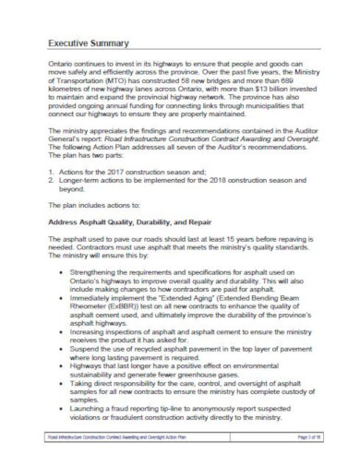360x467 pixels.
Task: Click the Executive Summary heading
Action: click(89, 43)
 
